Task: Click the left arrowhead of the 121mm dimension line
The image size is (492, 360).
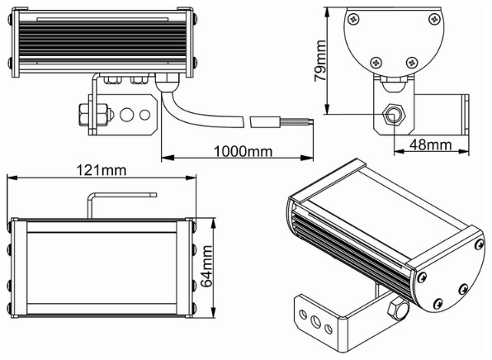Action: pos(10,179)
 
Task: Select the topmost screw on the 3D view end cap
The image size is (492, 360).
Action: pos(478,245)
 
